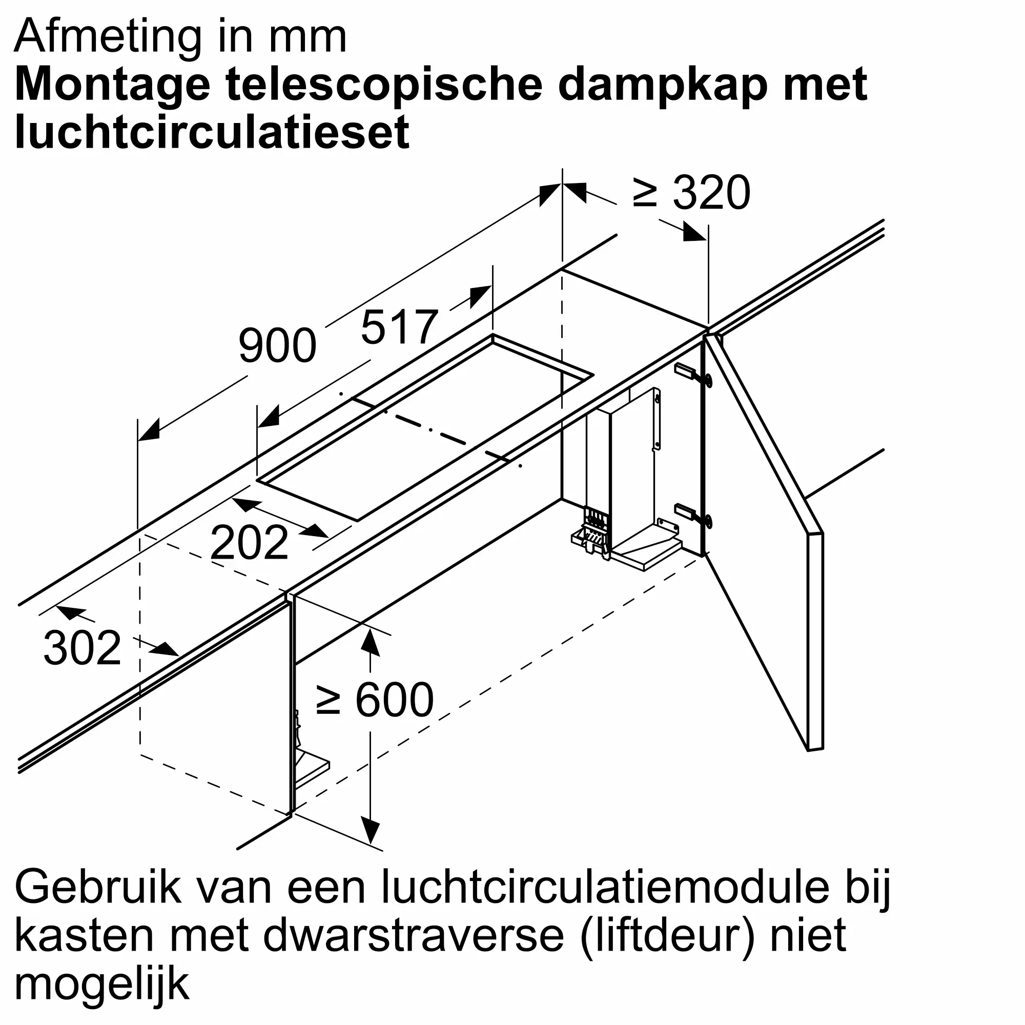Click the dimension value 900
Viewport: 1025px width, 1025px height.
(277, 346)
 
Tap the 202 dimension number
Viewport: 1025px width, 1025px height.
(250, 543)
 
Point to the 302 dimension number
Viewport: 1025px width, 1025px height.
(82, 648)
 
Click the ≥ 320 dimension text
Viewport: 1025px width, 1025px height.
(692, 193)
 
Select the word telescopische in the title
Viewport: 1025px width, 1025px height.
(383, 85)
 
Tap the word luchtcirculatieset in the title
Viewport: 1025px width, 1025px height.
(212, 132)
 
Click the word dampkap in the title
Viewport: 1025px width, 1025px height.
(663, 85)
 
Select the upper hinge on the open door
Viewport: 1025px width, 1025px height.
(692, 374)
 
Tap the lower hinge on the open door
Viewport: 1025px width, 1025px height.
(692, 515)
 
